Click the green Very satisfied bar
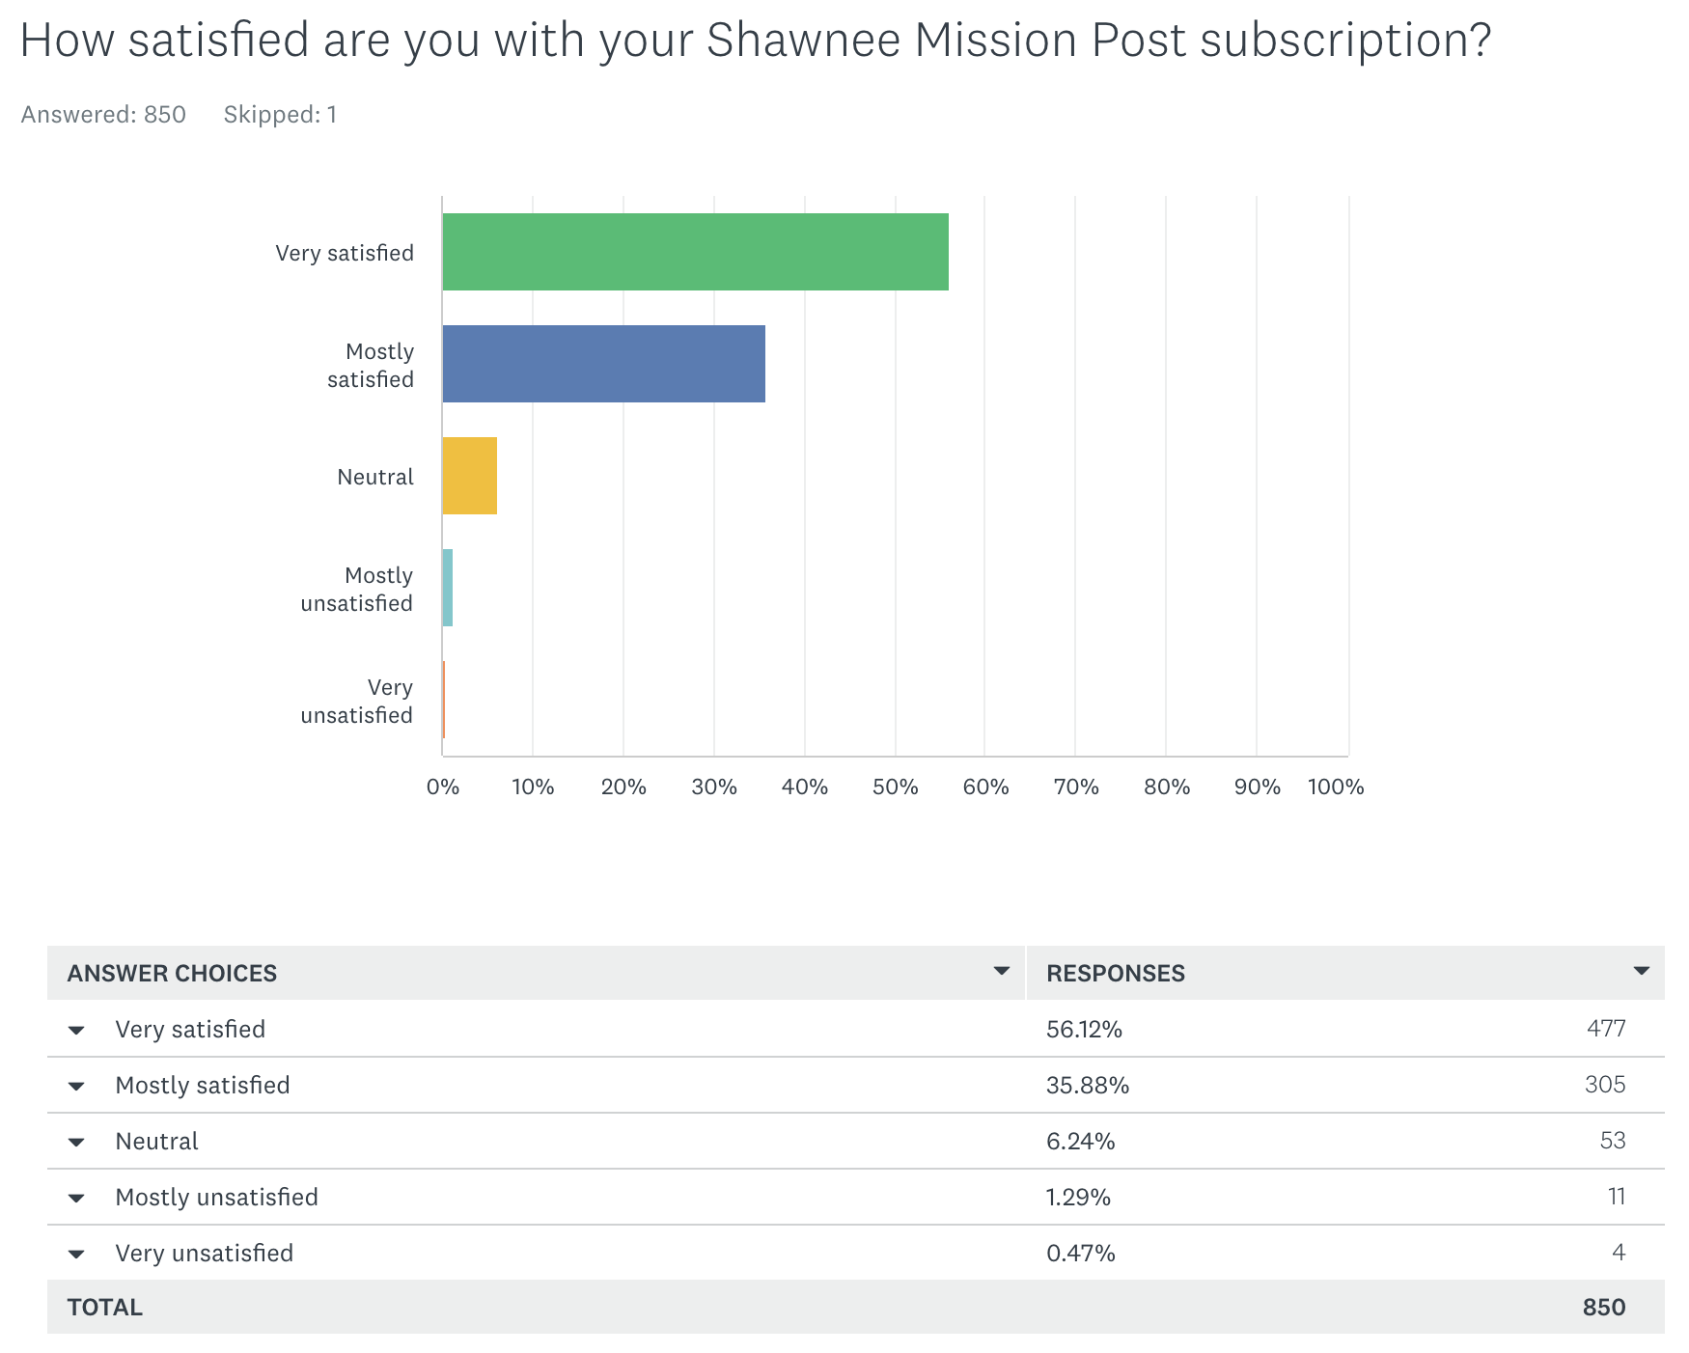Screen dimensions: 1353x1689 [x=695, y=252]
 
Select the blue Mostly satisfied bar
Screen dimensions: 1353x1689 [x=603, y=364]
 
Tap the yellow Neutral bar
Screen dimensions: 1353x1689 [x=469, y=476]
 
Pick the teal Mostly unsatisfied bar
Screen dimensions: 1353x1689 [x=447, y=588]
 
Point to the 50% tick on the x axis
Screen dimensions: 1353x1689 [x=895, y=787]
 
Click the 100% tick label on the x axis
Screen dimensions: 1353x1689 [x=1335, y=787]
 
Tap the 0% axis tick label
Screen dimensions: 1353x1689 [x=443, y=787]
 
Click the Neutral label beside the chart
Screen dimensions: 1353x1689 [x=374, y=477]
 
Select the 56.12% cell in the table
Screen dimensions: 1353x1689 [x=1084, y=1029]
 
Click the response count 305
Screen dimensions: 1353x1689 [x=1604, y=1085]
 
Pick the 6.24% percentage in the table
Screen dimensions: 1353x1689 [x=1080, y=1141]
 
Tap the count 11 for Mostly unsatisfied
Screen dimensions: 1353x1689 [x=1617, y=1197]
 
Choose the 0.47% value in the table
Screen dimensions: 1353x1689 [x=1080, y=1253]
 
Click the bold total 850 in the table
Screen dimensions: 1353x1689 [x=1603, y=1307]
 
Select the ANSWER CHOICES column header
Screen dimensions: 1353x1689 [x=172, y=973]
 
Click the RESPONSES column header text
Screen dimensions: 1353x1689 [x=1115, y=973]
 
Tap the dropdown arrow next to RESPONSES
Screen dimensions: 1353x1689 [x=1641, y=971]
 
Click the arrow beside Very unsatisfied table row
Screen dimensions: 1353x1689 [x=76, y=1254]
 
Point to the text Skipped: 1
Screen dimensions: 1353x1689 [x=280, y=115]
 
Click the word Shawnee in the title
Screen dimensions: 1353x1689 [x=803, y=41]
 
